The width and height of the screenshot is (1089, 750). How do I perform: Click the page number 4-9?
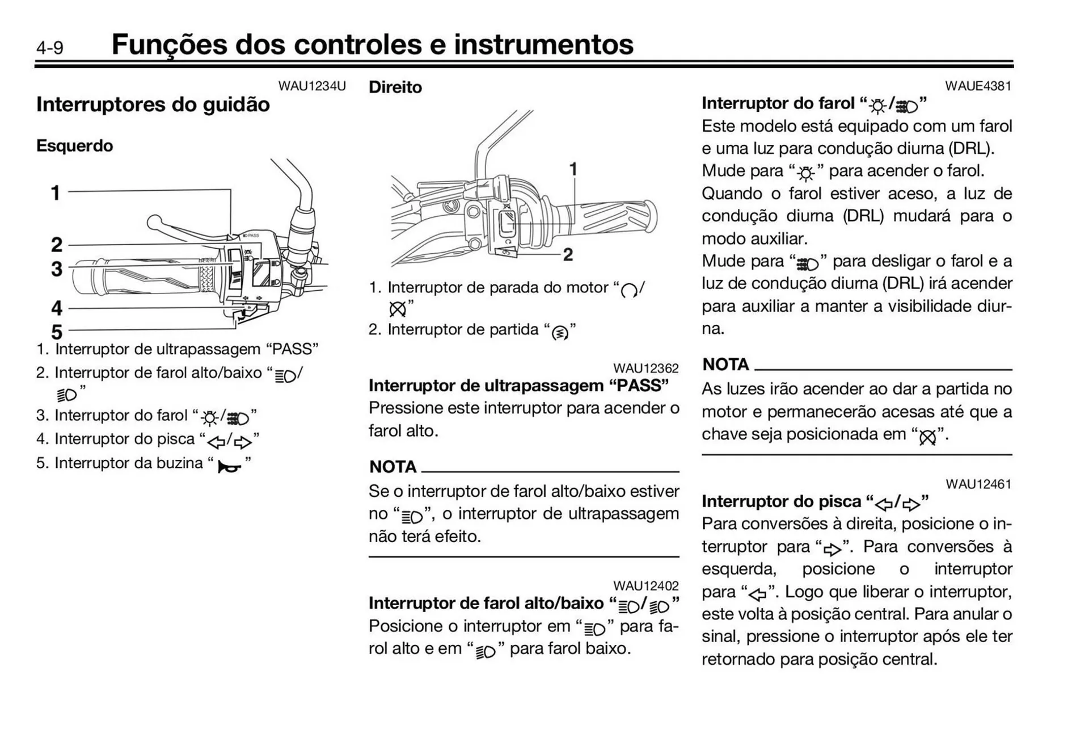(50, 48)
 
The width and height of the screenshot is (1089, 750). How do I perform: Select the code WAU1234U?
(311, 86)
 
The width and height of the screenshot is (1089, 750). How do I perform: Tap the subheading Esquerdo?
(74, 146)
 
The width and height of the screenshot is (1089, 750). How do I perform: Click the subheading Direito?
(395, 87)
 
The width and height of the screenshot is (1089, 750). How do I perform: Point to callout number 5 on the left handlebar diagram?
(56, 332)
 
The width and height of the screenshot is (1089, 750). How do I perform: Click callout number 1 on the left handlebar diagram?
(55, 193)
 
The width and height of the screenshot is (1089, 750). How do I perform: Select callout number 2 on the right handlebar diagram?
(567, 255)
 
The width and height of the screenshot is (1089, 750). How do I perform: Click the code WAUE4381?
(978, 86)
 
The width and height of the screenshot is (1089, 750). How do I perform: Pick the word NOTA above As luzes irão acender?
(725, 364)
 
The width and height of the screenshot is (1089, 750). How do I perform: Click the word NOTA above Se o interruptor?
(392, 467)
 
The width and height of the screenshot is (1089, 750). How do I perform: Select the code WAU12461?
(978, 484)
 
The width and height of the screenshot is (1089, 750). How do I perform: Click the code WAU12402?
(645, 586)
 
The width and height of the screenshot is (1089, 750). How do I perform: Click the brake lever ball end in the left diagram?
(154, 221)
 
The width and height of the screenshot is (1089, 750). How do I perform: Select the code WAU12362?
(645, 368)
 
